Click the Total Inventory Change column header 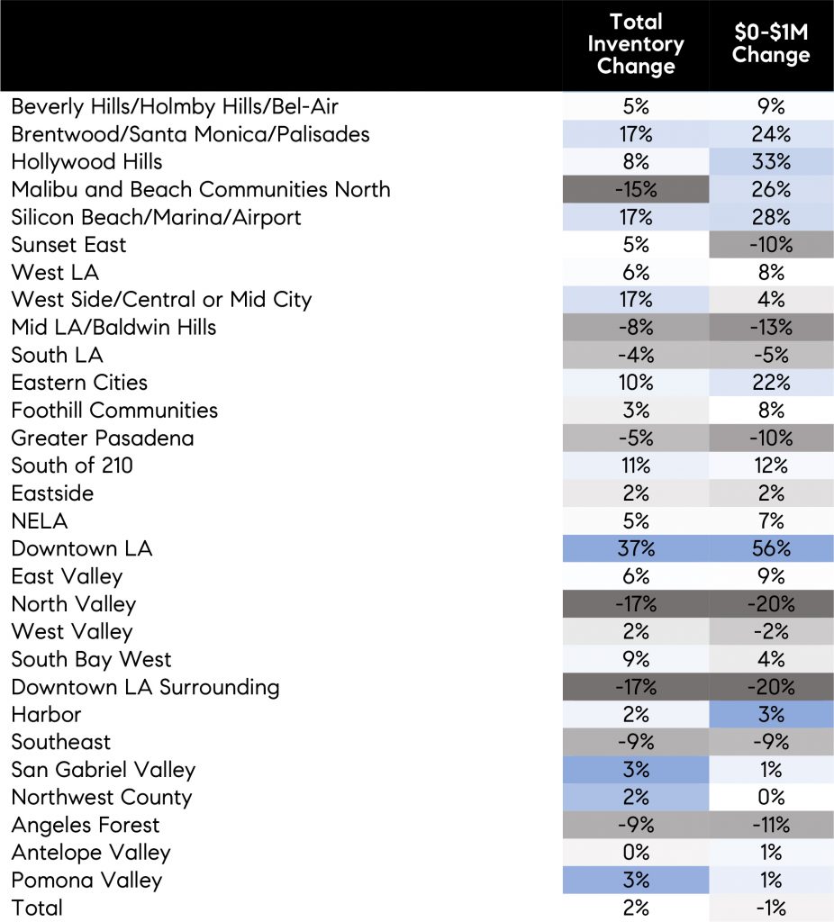(635, 45)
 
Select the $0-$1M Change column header (770, 45)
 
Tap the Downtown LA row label (82, 548)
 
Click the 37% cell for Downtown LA (635, 548)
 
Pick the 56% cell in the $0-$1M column (771, 548)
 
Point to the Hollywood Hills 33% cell (771, 162)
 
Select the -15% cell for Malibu (635, 190)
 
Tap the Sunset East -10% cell (771, 245)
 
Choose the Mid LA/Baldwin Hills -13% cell (771, 328)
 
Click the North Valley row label (73, 604)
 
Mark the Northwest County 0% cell (771, 797)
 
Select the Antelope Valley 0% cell (635, 852)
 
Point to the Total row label (37, 908)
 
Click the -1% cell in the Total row (771, 908)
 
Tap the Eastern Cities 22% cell (771, 383)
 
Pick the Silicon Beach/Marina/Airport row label (156, 217)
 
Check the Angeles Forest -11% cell (771, 825)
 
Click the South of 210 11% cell (635, 466)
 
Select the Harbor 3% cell (771, 714)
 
